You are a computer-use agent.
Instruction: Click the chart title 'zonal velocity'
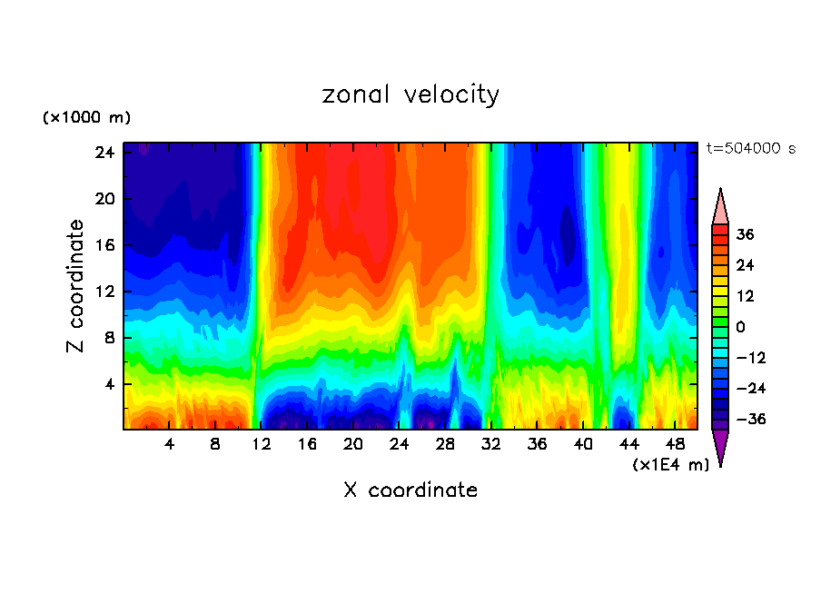[410, 94]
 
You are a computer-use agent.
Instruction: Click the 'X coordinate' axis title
[410, 490]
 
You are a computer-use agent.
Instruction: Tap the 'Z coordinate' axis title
[76, 286]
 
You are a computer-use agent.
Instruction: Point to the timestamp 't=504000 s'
[750, 149]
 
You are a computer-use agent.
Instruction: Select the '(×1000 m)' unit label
[86, 118]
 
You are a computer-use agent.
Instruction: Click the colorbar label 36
[745, 234]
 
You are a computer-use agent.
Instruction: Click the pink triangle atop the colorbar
[720, 208]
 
